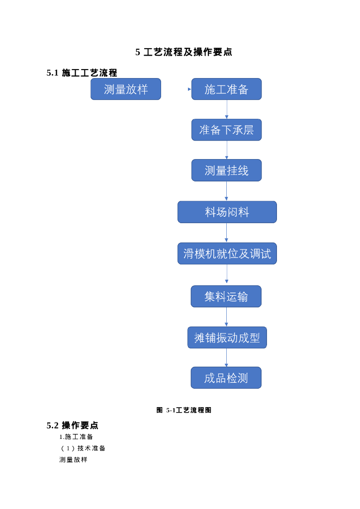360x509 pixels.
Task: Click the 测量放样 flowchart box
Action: coord(126,89)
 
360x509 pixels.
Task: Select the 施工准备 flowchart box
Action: coord(226,89)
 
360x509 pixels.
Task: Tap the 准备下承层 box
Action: coord(226,130)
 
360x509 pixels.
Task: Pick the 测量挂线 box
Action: coord(226,170)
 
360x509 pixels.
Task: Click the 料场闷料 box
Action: coord(227,212)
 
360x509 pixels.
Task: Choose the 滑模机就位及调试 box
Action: coord(227,254)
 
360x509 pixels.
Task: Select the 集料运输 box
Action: coord(226,297)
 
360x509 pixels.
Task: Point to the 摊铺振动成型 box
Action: coord(227,338)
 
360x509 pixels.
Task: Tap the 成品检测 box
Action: coord(226,378)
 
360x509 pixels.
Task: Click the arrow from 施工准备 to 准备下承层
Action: coord(227,109)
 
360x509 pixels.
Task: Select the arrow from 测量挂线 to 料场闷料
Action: coord(227,191)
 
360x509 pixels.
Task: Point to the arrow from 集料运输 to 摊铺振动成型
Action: coord(227,317)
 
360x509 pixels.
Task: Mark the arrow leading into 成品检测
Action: coord(227,357)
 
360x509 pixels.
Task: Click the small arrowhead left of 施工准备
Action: coord(189,89)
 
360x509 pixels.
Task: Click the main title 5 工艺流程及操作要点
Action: coord(183,52)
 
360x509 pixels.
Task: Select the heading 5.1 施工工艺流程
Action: coord(82,73)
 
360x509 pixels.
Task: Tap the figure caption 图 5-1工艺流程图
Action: coord(184,410)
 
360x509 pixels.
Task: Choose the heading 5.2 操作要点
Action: coord(73,425)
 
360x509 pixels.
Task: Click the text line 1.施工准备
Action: coord(76,437)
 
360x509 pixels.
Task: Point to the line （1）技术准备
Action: coord(83,448)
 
